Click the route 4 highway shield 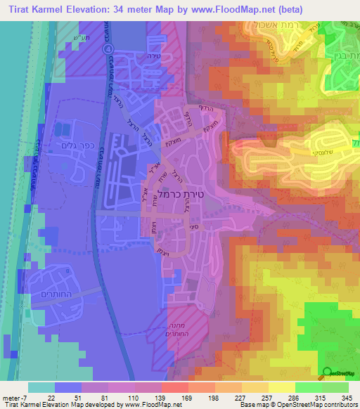108,49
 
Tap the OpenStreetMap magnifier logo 328,374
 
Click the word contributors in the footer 338,405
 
